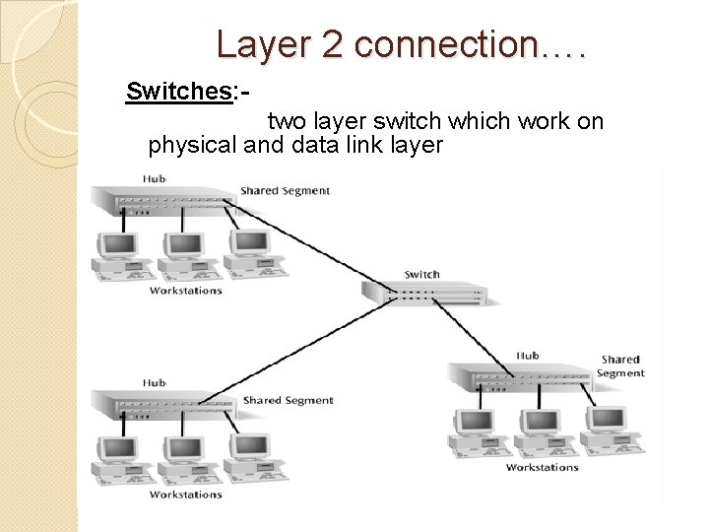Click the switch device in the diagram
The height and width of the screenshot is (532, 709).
pyautogui.click(x=423, y=292)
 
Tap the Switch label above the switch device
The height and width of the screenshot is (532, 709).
pyautogui.click(x=421, y=274)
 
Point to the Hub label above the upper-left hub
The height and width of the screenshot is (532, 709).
pyautogui.click(x=154, y=178)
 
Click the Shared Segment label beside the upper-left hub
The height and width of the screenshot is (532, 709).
pyautogui.click(x=285, y=190)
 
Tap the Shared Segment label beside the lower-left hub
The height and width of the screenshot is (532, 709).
pyautogui.click(x=288, y=400)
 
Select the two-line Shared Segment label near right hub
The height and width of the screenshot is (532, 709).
pyautogui.click(x=620, y=366)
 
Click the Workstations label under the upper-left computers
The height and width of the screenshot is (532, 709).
pyautogui.click(x=185, y=291)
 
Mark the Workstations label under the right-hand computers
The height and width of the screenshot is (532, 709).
pyautogui.click(x=542, y=467)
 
